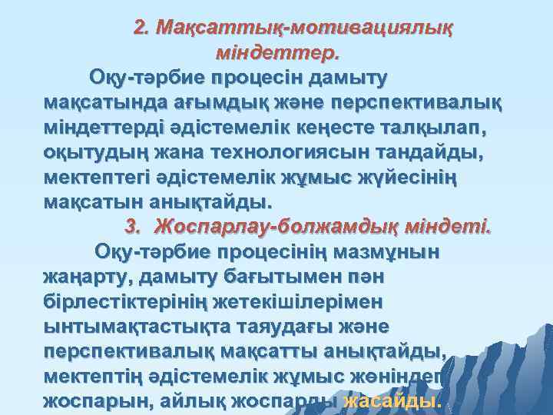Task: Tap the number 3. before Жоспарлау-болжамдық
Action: coord(134,227)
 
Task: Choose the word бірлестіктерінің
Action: coord(136,301)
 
